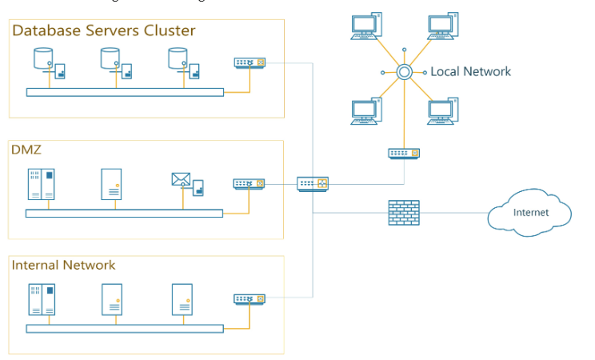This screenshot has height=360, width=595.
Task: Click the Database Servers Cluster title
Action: pyautogui.click(x=103, y=31)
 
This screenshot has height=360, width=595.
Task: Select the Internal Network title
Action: pyautogui.click(x=63, y=265)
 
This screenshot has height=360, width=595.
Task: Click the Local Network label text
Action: pyautogui.click(x=470, y=72)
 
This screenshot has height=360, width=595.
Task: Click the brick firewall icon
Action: pyautogui.click(x=404, y=213)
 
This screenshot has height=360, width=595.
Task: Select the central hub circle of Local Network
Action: pyautogui.click(x=405, y=72)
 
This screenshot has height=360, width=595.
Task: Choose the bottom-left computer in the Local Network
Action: pyautogui.click(x=365, y=112)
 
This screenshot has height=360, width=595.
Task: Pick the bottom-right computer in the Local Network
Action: pyautogui.click(x=442, y=112)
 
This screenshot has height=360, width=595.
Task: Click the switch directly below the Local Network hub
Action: pyautogui.click(x=404, y=153)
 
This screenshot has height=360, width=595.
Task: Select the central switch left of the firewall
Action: pyautogui.click(x=313, y=184)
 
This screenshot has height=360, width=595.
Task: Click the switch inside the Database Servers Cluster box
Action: pyautogui.click(x=249, y=62)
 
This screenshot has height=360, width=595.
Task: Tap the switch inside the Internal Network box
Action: pyautogui.click(x=249, y=298)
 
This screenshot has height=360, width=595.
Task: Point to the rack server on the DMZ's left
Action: pyautogui.click(x=42, y=184)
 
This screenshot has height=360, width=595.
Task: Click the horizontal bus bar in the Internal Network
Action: pyautogui.click(x=124, y=328)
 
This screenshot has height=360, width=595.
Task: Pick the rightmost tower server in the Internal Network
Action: pyautogui.click(x=182, y=299)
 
